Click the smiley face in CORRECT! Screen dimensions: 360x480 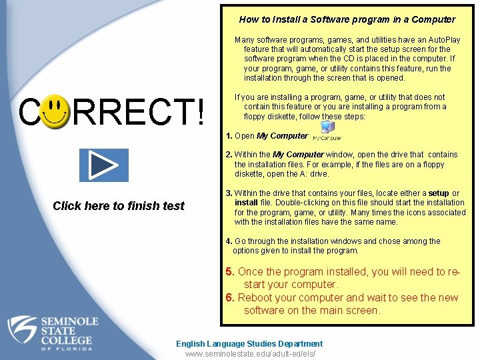click(x=57, y=112)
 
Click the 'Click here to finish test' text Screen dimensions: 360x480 click(x=118, y=206)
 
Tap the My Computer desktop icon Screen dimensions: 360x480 click(x=327, y=131)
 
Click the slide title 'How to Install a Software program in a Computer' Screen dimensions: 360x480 click(x=347, y=19)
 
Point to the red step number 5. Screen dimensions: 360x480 click(x=229, y=272)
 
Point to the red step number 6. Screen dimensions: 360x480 click(x=229, y=298)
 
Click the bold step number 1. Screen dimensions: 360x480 click(x=229, y=136)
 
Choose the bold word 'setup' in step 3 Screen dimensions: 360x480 click(x=439, y=194)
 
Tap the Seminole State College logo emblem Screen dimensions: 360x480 click(x=24, y=331)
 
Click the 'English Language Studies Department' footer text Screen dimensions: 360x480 click(x=249, y=344)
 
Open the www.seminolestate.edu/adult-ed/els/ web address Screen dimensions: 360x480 click(x=250, y=354)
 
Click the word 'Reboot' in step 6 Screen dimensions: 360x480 click(x=256, y=298)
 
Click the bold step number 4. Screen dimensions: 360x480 click(x=229, y=241)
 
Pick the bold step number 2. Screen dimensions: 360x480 click(x=229, y=155)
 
